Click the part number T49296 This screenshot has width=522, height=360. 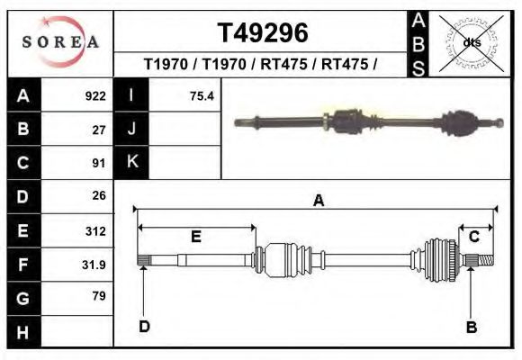coord(263,33)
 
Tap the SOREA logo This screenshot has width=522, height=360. coord(60,42)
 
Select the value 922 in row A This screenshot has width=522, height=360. coord(95,95)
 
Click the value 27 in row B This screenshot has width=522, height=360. coord(99,130)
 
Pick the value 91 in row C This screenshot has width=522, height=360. coord(99,163)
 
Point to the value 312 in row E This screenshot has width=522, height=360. coord(95,231)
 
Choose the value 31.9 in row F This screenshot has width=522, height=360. coord(94,265)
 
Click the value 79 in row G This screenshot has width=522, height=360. coord(99,296)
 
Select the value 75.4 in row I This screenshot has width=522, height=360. coord(202,95)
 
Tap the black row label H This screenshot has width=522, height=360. coord(23,332)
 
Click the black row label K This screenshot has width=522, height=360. coord(131,162)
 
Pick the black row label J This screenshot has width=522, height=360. coord(131,129)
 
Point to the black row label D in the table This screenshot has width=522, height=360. coord(23,196)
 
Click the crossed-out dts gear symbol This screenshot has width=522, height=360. coord(471,42)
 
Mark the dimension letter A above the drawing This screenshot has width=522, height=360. coord(318,202)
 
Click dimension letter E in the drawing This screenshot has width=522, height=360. coord(195,237)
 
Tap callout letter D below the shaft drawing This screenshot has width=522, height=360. coord(144,326)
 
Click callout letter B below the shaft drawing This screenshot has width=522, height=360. coord(471,327)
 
